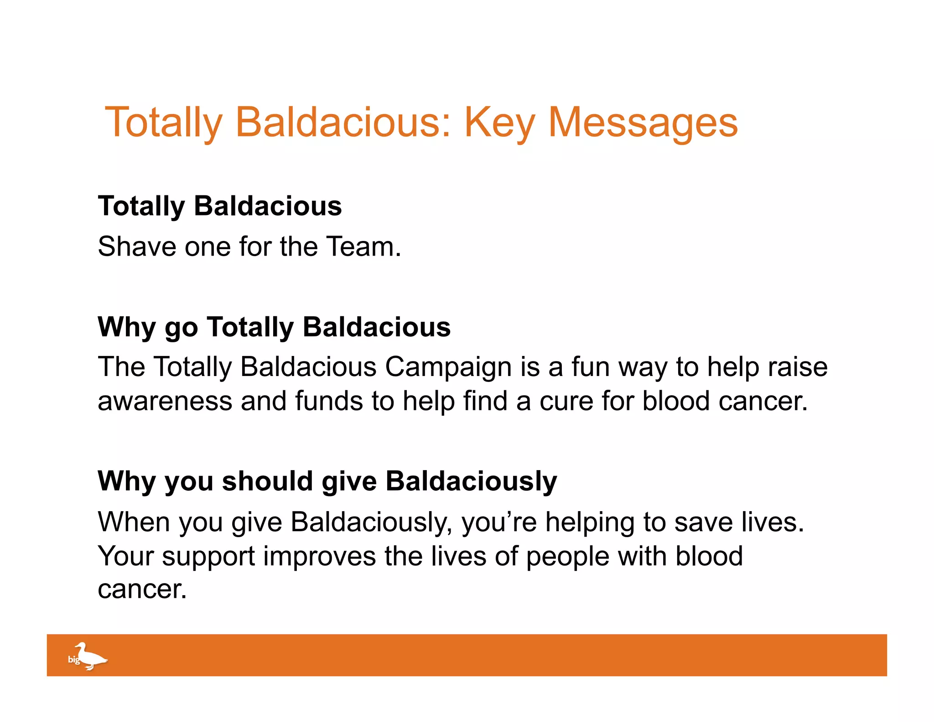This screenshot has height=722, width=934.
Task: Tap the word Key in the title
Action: tap(499, 123)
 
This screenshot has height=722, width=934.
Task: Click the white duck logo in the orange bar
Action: tap(89, 656)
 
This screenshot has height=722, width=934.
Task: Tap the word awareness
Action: tap(165, 402)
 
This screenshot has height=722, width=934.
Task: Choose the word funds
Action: tap(328, 402)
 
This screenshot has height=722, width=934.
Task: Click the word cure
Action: tap(566, 402)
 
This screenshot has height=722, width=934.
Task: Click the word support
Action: tap(208, 557)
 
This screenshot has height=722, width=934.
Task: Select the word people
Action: tap(567, 557)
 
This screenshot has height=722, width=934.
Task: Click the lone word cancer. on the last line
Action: tap(142, 590)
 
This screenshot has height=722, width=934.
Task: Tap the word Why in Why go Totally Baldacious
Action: tap(127, 327)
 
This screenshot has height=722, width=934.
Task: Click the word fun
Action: tap(591, 367)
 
